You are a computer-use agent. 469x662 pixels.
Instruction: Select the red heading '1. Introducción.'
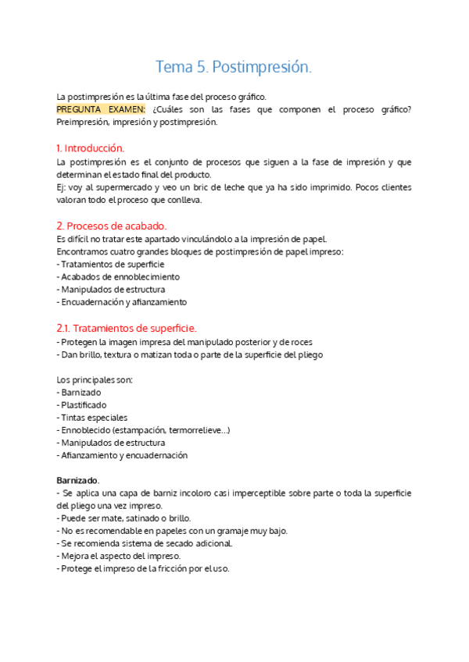91,148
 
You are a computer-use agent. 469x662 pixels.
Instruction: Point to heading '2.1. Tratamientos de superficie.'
127,328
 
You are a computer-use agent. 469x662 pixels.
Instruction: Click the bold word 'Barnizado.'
78,479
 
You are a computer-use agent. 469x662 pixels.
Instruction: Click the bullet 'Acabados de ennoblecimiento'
120,276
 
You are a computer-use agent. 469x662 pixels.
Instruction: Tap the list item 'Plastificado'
84,404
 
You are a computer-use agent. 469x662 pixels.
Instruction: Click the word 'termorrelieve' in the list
192,430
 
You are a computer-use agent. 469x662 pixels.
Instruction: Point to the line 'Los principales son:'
95,379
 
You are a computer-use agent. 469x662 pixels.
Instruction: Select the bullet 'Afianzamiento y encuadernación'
124,455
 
